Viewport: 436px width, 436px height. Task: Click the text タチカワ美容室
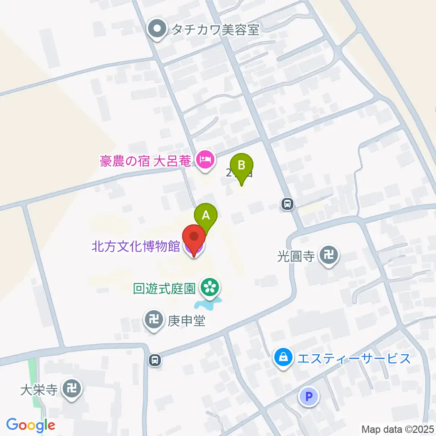click(215, 30)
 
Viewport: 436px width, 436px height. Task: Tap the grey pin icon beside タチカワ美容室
click(158, 30)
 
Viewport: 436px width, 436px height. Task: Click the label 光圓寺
click(296, 257)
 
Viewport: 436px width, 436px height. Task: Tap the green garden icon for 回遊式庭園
click(209, 287)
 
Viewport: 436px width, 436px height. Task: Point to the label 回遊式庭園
click(164, 288)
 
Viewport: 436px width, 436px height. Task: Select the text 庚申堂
click(187, 322)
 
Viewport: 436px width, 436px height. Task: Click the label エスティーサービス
click(354, 358)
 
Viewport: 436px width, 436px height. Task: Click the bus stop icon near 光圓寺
click(287, 204)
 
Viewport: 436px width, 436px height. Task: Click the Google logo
click(31, 425)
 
